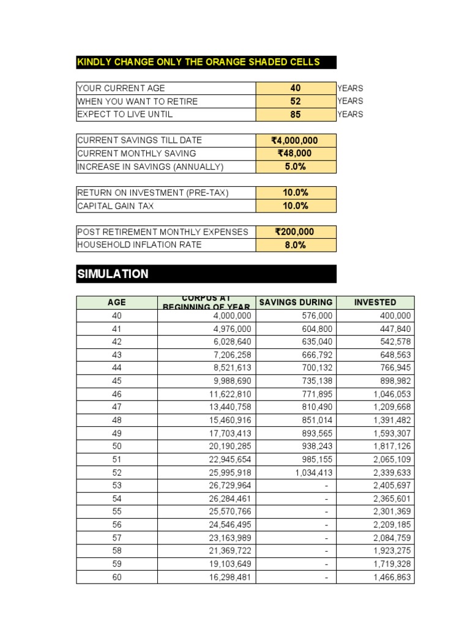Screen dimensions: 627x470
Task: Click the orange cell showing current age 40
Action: click(296, 88)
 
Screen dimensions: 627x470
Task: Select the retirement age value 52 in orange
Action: click(296, 102)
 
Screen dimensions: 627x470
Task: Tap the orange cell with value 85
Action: click(296, 115)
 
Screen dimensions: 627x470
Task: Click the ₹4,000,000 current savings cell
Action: click(296, 141)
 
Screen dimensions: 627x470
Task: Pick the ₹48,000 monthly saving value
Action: click(296, 154)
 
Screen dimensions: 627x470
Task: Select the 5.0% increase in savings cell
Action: click(296, 167)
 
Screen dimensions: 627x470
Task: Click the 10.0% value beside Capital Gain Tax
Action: click(296, 206)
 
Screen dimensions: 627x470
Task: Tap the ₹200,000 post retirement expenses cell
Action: click(296, 232)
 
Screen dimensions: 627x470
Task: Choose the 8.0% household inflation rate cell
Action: click(296, 245)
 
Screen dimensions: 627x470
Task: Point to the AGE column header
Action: click(116, 302)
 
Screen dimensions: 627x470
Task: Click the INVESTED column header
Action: click(375, 302)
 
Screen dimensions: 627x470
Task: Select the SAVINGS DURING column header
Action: click(296, 302)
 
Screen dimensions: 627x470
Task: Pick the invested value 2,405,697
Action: click(392, 486)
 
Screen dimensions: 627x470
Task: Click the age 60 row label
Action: click(116, 577)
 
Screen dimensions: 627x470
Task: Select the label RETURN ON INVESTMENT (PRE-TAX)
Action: click(153, 193)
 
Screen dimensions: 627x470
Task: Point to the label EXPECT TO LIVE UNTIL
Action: click(125, 115)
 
